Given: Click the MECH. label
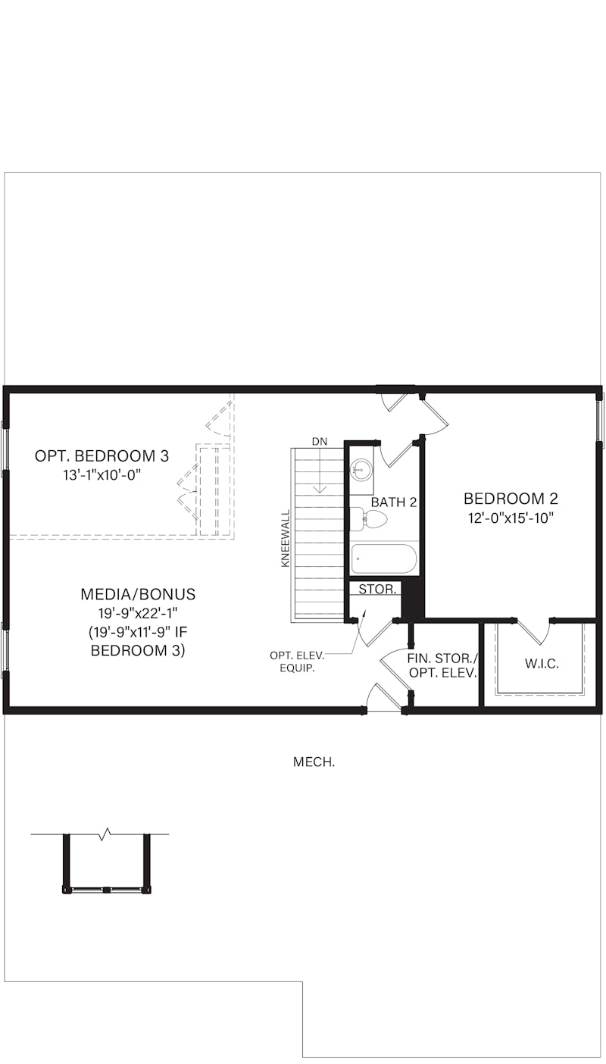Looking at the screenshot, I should click(x=314, y=762).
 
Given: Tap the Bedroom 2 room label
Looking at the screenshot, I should click(x=511, y=499).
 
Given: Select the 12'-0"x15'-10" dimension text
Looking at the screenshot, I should click(x=511, y=518).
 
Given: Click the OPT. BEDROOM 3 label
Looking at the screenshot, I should click(x=102, y=456).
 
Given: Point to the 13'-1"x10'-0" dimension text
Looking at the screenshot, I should click(x=102, y=475).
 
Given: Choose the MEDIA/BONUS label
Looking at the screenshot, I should click(x=138, y=594).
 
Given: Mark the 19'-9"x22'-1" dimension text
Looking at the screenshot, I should click(x=138, y=613).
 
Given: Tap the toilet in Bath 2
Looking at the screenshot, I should click(x=370, y=519).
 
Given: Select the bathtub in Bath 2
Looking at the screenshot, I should click(x=383, y=559).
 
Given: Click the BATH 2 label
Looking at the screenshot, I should click(x=394, y=502).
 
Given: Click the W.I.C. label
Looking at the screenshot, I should click(x=542, y=664).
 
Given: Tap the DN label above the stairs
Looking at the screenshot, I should click(x=319, y=441).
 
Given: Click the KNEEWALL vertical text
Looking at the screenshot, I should click(x=286, y=539).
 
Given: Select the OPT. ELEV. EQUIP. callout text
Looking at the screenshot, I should click(x=296, y=662).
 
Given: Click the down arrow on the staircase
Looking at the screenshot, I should click(x=320, y=477).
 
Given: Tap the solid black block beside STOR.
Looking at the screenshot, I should click(x=411, y=599).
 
